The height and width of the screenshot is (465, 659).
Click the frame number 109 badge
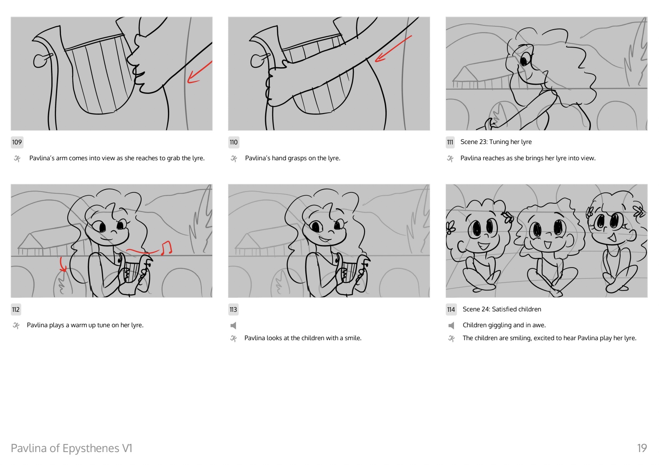17,142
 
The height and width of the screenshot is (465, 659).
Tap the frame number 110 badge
233,142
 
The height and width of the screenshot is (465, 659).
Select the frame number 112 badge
16,309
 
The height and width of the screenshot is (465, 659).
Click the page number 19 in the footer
642,448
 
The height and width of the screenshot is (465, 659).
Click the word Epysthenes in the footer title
91,448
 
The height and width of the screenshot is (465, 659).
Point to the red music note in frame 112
166,248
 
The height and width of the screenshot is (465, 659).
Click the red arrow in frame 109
200,72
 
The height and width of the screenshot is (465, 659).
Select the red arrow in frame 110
393,49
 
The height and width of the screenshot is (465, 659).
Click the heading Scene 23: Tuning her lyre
496,142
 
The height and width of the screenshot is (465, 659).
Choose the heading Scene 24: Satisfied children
502,309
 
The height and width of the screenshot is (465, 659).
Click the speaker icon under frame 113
233,325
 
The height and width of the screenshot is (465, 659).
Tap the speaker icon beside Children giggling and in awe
451,325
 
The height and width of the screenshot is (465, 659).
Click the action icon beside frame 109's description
18,159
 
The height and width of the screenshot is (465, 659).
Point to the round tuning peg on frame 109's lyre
40,61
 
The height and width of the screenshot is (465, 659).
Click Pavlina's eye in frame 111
524,61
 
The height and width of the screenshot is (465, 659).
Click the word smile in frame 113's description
352,338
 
